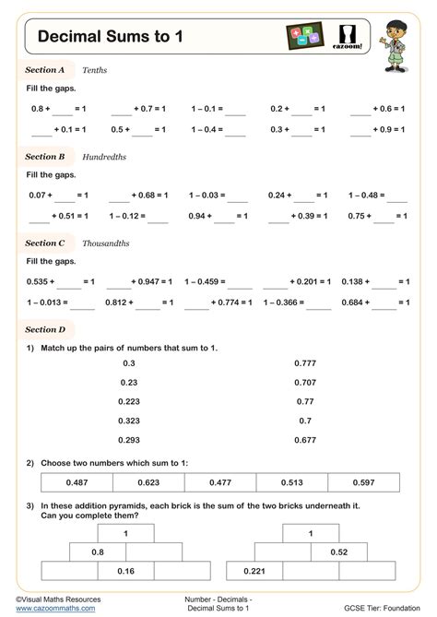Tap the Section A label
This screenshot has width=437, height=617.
44,69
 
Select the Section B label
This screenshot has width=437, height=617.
44,157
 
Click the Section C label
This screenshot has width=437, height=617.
44,243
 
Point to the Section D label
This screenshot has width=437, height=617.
45,329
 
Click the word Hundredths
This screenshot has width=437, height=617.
104,157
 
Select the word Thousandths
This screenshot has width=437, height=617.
106,243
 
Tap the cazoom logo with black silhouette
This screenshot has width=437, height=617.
351,37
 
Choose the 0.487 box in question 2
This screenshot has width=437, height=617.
77,482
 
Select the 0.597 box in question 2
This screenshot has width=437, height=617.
363,482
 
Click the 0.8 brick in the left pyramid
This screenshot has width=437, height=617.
97,552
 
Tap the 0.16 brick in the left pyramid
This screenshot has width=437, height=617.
125,571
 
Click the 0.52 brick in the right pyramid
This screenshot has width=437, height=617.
339,552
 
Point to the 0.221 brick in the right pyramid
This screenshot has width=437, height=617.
254,571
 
